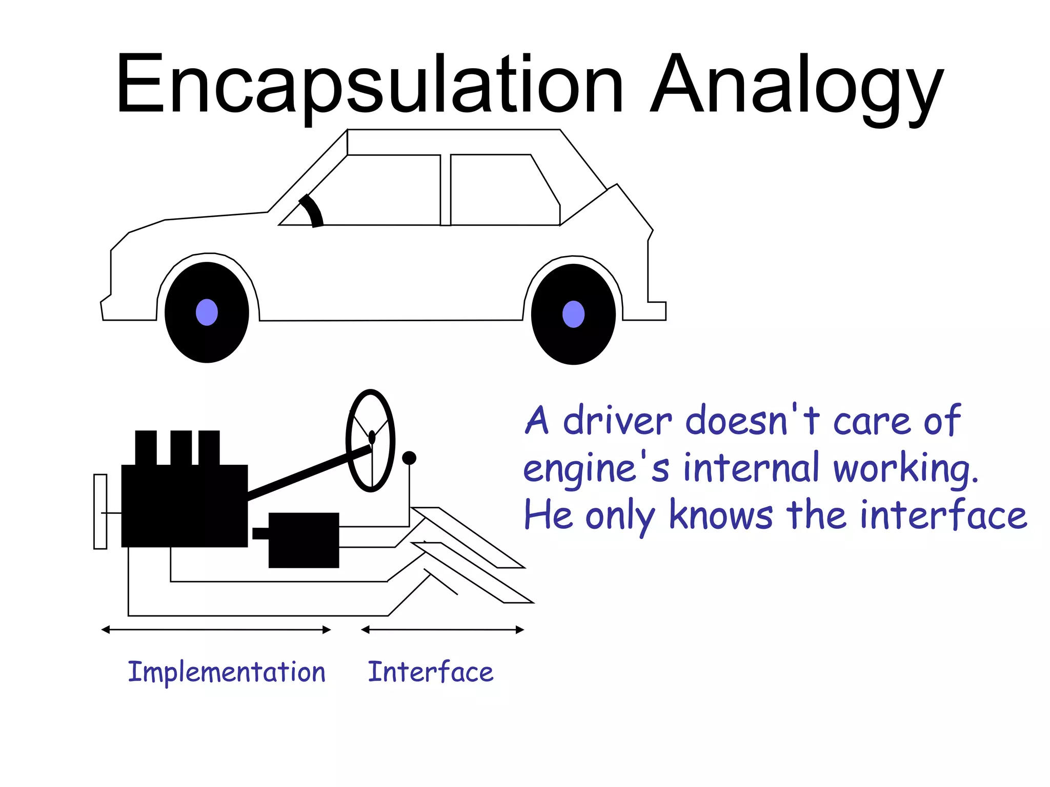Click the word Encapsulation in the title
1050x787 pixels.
pyautogui.click(x=369, y=85)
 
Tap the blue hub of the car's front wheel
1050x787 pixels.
pyautogui.click(x=207, y=312)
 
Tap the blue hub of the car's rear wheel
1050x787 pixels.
pyautogui.click(x=573, y=314)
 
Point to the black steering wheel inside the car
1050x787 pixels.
pyautogui.click(x=312, y=210)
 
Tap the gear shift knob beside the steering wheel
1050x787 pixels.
pyautogui.click(x=409, y=458)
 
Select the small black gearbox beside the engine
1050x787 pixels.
pyautogui.click(x=304, y=540)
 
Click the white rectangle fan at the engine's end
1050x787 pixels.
pyautogui.click(x=100, y=511)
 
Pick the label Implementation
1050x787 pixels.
pyautogui.click(x=227, y=672)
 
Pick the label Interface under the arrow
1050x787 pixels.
pyautogui.click(x=431, y=672)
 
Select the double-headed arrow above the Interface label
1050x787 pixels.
pyautogui.click(x=442, y=630)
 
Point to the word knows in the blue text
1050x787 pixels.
pyautogui.click(x=721, y=515)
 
